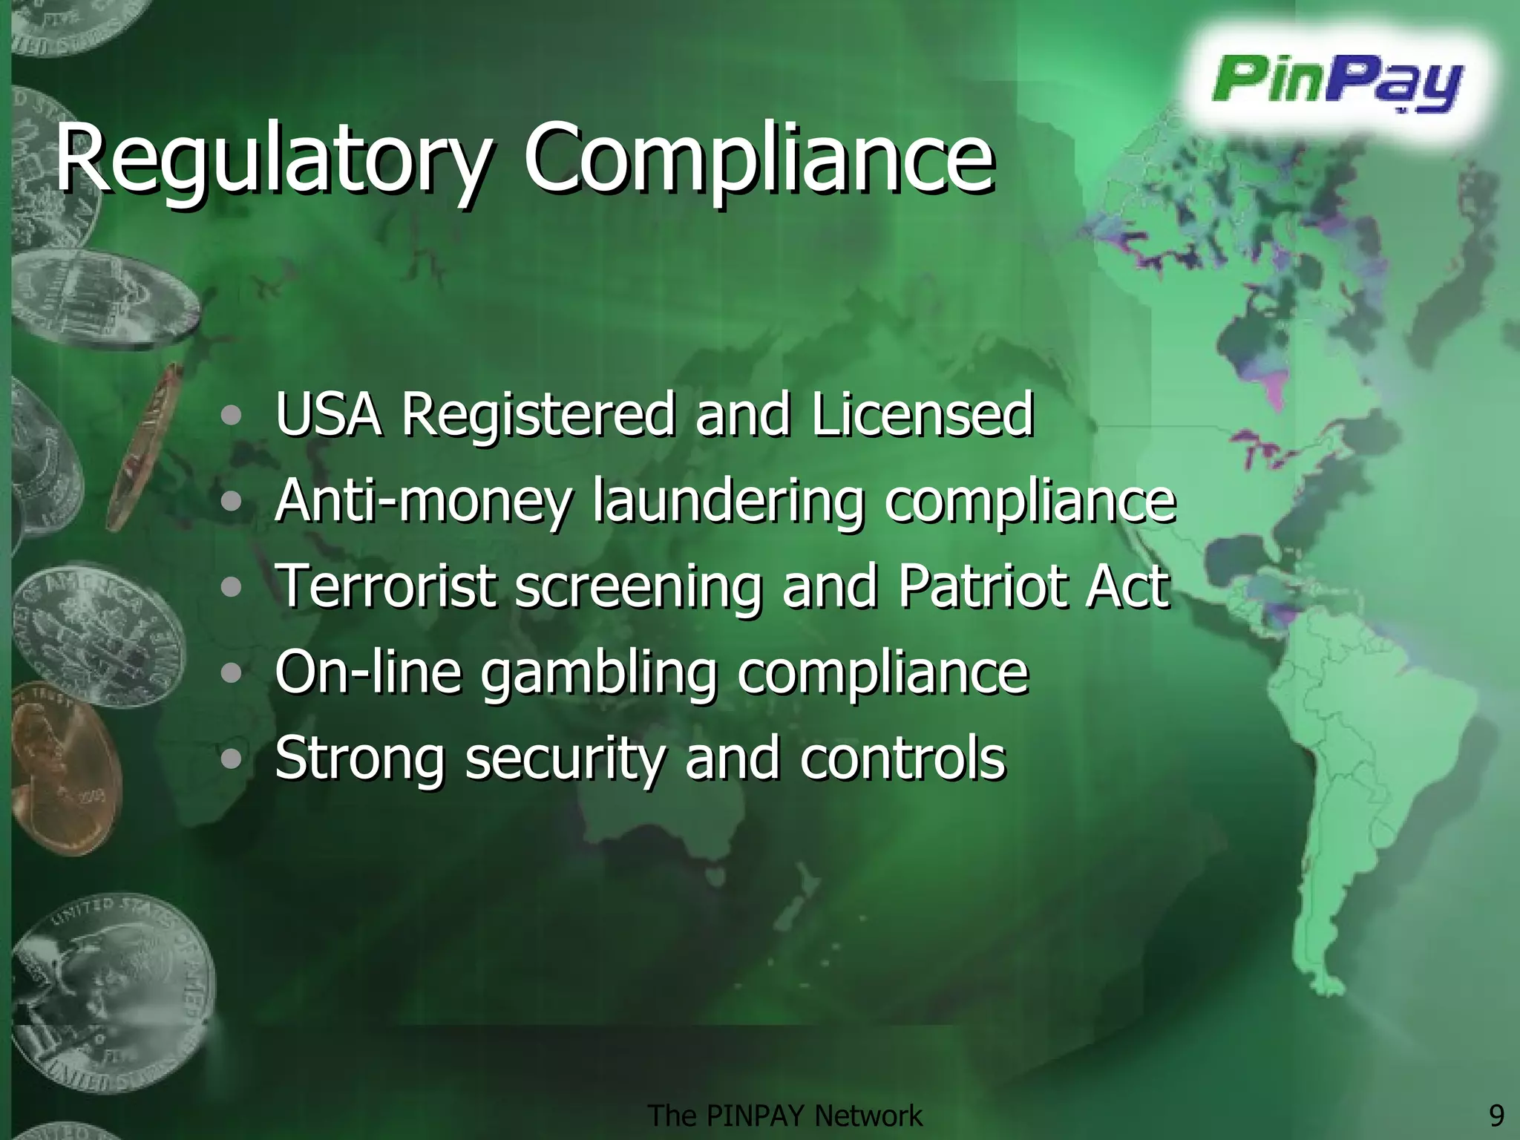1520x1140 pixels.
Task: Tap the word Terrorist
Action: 386,586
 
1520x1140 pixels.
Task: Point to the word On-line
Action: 368,672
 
